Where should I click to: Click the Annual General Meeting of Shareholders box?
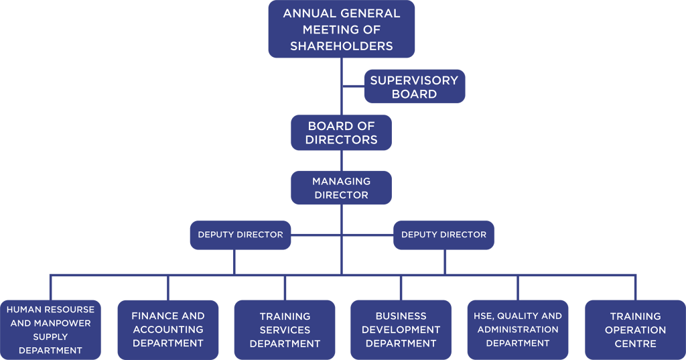tap(342, 29)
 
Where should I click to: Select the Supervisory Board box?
tap(414, 86)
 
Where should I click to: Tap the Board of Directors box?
tap(341, 133)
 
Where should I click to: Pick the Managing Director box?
tap(341, 188)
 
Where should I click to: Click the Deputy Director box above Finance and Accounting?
tap(241, 235)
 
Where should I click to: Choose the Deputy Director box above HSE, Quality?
tap(443, 235)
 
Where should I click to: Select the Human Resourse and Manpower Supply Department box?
tap(51, 330)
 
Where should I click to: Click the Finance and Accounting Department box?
tap(168, 329)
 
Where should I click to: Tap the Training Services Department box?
tap(285, 330)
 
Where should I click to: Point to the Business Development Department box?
tap(401, 330)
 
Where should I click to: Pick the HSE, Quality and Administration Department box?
tap(518, 329)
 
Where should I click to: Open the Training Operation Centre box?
tap(635, 330)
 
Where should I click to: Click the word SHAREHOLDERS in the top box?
tap(342, 46)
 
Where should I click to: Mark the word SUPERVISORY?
tap(414, 80)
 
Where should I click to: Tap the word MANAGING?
tap(341, 181)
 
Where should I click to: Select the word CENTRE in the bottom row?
tap(635, 343)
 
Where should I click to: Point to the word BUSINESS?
tap(401, 316)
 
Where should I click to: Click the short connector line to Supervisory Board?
tap(353, 86)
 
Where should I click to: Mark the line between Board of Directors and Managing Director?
tap(342, 160)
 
